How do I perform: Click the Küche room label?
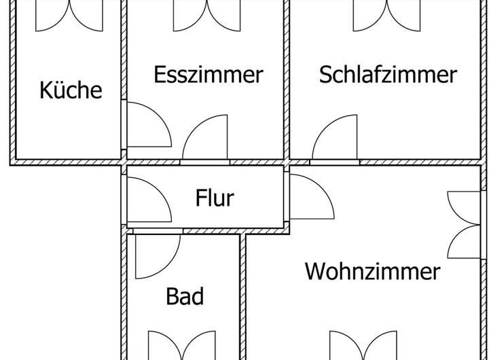pyautogui.click(x=71, y=90)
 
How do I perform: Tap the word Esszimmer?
pyautogui.click(x=208, y=74)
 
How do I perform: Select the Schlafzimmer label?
pyautogui.click(x=388, y=74)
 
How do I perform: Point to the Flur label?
pyautogui.click(x=215, y=198)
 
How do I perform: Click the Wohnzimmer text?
pyautogui.click(x=372, y=272)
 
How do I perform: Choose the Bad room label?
pyautogui.click(x=185, y=296)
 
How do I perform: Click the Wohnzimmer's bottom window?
pyautogui.click(x=363, y=346)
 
